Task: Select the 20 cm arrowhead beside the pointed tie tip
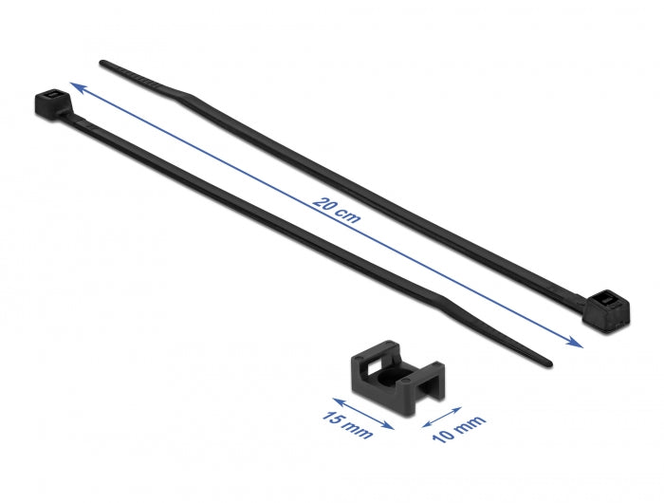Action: point(578,343)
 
